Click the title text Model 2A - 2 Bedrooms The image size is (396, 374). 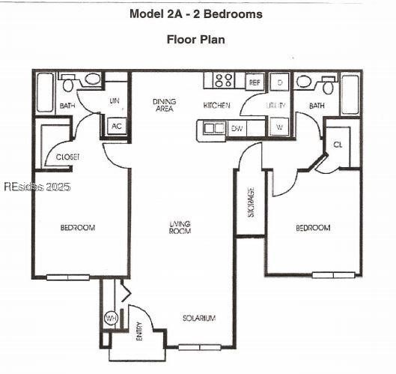point(196,13)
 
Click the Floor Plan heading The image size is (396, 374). point(195,39)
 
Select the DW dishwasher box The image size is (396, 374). point(237,128)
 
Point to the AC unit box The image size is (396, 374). point(117,126)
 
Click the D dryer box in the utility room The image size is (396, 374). point(278,82)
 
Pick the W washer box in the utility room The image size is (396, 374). point(278,127)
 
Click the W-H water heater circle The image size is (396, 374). point(111,319)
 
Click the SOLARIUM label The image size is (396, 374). point(199,319)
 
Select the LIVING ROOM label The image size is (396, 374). point(180,227)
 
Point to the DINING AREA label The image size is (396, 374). point(164,105)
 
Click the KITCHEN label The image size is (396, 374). point(216,106)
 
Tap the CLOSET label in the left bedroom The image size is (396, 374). point(68,157)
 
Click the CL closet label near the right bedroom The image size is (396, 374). point(338,144)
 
